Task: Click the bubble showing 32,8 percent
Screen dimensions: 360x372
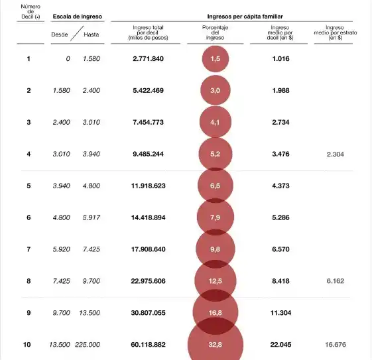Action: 216,345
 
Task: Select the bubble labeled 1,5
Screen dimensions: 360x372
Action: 215,59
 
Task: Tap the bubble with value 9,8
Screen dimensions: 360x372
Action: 215,249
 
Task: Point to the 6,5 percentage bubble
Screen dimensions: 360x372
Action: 215,186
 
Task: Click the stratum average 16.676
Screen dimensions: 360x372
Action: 334,345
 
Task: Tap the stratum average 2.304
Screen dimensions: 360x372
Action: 334,154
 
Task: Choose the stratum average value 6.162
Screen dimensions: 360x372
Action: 334,281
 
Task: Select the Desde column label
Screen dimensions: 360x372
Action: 60,34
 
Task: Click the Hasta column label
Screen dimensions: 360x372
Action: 92,34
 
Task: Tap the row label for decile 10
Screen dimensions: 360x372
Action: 28,345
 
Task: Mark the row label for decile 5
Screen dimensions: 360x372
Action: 29,186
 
